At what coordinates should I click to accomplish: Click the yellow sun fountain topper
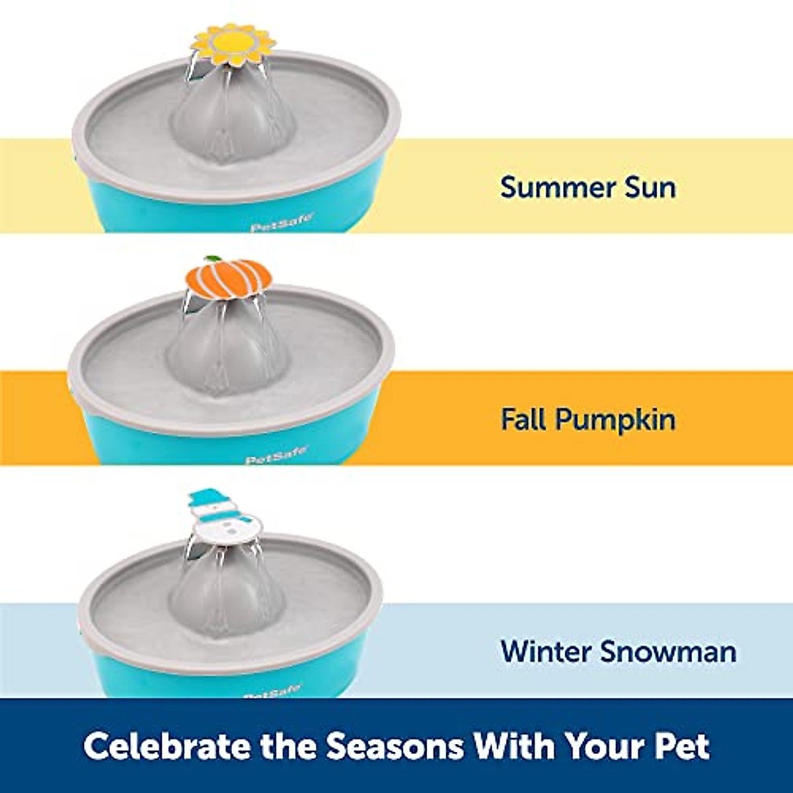point(232,45)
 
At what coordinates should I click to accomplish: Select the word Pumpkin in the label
point(616,420)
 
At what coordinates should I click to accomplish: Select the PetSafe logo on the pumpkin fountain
point(276,456)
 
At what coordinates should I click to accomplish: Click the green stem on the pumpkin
point(212,259)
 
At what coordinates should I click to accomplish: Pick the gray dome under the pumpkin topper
point(228,350)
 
